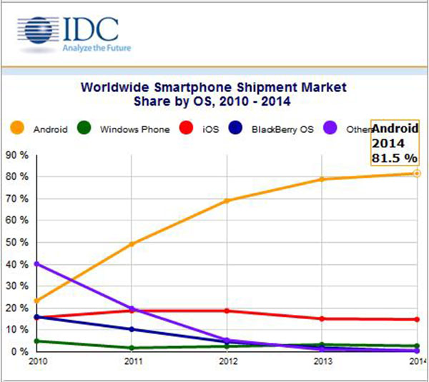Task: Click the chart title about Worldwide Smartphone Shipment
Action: click(x=214, y=94)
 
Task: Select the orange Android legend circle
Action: click(x=18, y=129)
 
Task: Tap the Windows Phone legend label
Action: click(x=135, y=130)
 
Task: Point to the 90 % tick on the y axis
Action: click(x=17, y=155)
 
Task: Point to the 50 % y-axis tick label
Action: click(x=17, y=243)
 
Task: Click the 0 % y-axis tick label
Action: click(x=20, y=352)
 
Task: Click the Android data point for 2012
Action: click(x=227, y=201)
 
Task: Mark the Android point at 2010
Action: click(x=36, y=301)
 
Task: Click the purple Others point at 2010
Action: click(x=36, y=264)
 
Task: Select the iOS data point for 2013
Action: click(x=323, y=318)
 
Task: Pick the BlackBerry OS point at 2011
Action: click(x=131, y=329)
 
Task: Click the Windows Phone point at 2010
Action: click(x=36, y=341)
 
